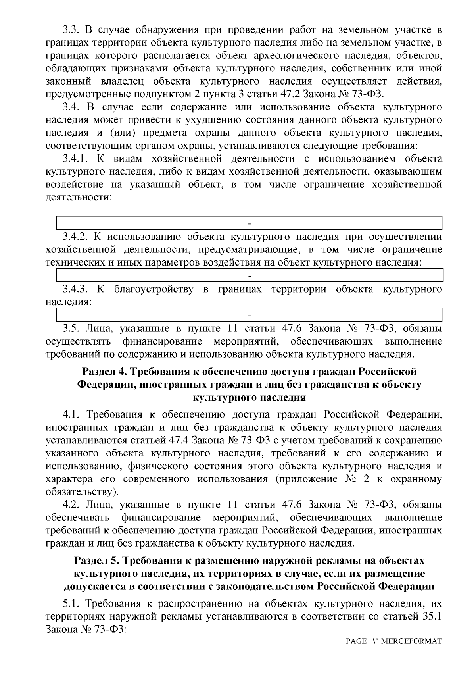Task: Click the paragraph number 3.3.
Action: point(71,30)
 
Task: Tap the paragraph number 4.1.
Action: point(71,415)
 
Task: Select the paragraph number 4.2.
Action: point(71,505)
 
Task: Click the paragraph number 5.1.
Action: point(71,604)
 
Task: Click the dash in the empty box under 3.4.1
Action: point(250,223)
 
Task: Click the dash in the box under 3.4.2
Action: point(250,275)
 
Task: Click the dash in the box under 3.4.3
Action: point(250,314)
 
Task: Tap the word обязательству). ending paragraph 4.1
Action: point(82,492)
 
